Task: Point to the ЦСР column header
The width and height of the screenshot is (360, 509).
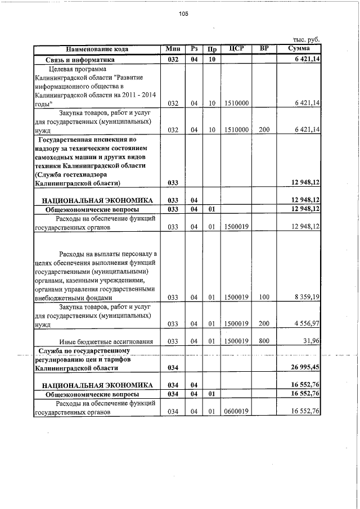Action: [x=236, y=49]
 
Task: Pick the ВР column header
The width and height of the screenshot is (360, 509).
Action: [x=264, y=49]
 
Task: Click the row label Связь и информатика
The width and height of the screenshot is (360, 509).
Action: [x=80, y=59]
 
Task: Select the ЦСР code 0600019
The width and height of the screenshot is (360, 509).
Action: [x=236, y=412]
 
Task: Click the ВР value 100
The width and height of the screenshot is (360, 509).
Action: [x=264, y=297]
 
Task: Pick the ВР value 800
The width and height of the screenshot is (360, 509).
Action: [x=264, y=341]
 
